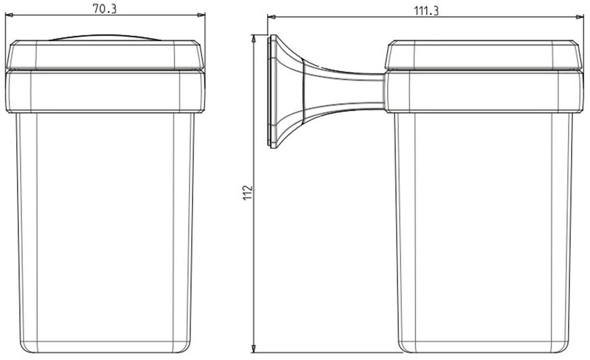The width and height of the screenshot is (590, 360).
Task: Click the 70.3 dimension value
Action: (105, 9)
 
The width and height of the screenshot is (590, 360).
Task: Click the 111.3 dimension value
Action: (426, 11)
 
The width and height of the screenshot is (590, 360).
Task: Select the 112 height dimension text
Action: (248, 193)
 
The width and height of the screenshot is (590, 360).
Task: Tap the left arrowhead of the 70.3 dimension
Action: (9, 15)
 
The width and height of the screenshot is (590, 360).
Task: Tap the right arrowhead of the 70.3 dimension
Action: (201, 15)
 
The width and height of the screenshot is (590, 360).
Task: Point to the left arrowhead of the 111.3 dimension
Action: (272, 17)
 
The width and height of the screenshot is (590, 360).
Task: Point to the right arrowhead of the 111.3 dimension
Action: (580, 17)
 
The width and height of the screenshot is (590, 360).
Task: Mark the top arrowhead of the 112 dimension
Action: (253, 38)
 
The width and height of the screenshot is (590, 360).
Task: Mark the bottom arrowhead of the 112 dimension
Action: (253, 349)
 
